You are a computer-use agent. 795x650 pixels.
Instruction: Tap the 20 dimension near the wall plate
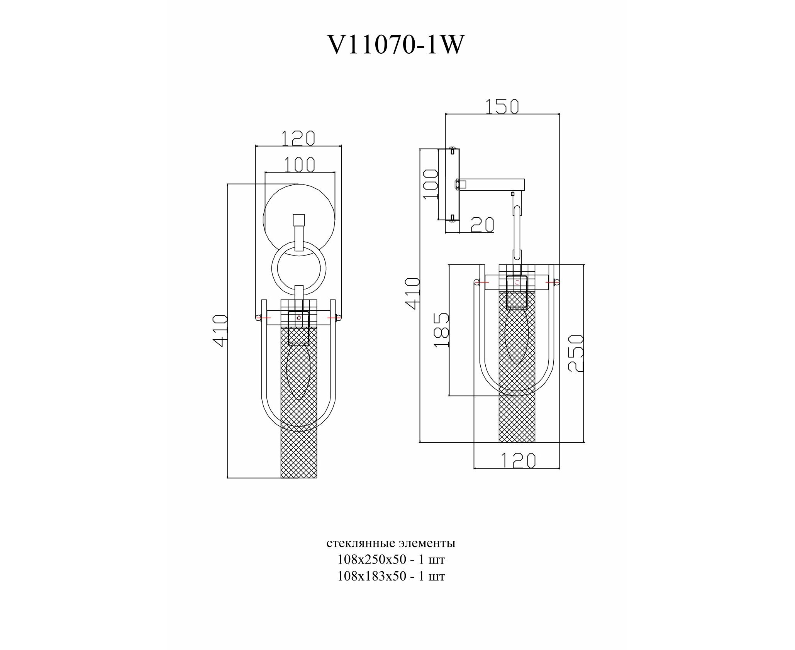(x=482, y=225)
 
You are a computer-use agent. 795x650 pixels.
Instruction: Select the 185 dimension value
(x=442, y=330)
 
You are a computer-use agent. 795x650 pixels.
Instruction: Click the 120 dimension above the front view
(x=298, y=138)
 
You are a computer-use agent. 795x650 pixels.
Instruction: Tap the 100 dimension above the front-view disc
(x=300, y=164)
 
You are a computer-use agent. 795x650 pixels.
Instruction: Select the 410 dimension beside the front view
(x=220, y=331)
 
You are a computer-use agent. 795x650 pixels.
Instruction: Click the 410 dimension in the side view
(x=412, y=293)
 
